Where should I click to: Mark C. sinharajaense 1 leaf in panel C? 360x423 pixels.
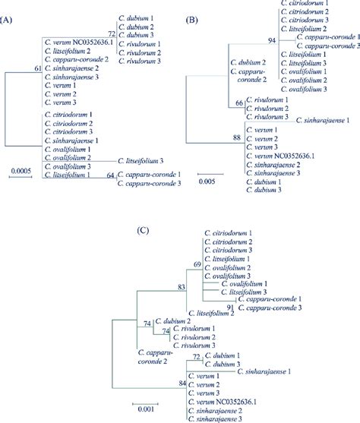pyautogui.click(x=264, y=371)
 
